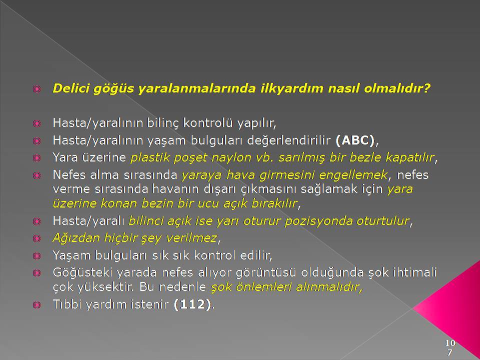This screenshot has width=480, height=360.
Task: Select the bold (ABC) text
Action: coord(355,140)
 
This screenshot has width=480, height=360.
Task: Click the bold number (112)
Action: coord(192,304)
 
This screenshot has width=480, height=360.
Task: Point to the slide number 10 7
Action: coord(450,347)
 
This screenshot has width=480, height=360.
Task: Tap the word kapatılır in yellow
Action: coord(410,157)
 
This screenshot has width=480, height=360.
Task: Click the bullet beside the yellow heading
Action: coord(36,89)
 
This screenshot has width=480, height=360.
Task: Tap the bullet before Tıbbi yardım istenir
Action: coord(36,305)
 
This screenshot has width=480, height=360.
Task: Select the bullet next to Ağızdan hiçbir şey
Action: coord(36,238)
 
